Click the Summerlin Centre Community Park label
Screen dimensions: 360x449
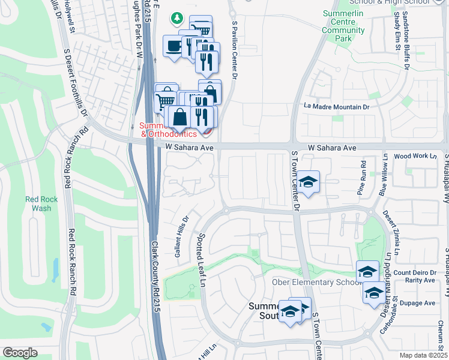(x=343, y=26)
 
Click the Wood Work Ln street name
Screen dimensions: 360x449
(x=415, y=156)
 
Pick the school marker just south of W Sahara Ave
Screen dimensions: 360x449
(x=309, y=182)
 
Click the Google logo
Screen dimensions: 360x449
(x=20, y=352)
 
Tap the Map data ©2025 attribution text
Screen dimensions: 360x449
(x=423, y=355)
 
